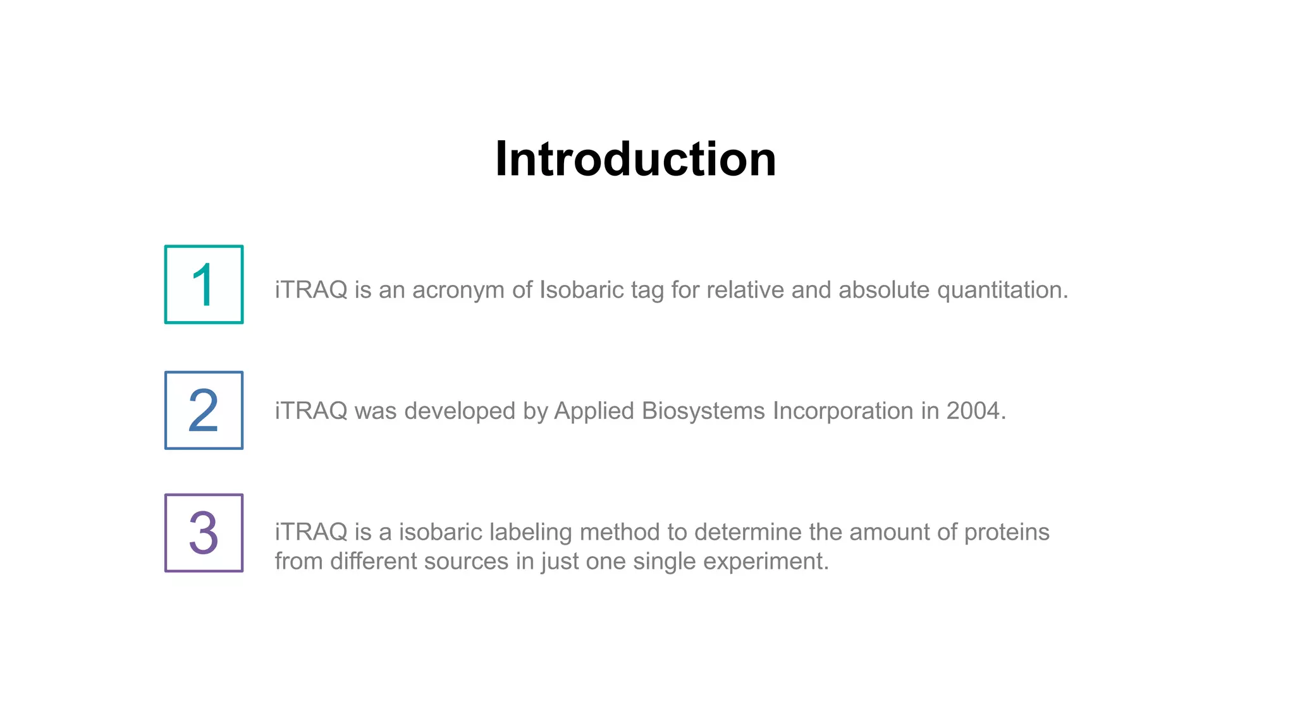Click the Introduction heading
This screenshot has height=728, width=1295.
click(635, 159)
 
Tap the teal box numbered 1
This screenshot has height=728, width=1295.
click(204, 284)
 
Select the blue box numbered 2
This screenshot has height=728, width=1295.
click(204, 410)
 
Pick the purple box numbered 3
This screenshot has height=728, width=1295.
click(204, 533)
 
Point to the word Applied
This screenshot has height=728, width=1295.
click(594, 411)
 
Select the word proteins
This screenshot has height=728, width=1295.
click(1007, 532)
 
